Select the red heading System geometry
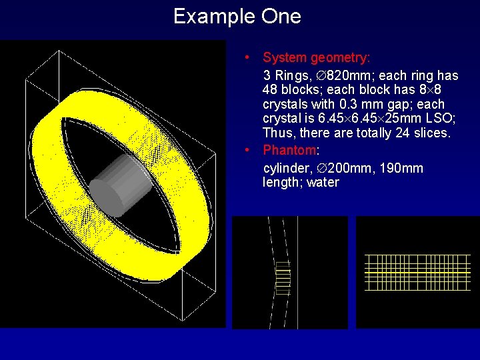(317, 58)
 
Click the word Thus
(278, 133)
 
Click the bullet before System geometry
(247, 57)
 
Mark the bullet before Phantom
(247, 149)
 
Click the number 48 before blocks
(271, 89)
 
